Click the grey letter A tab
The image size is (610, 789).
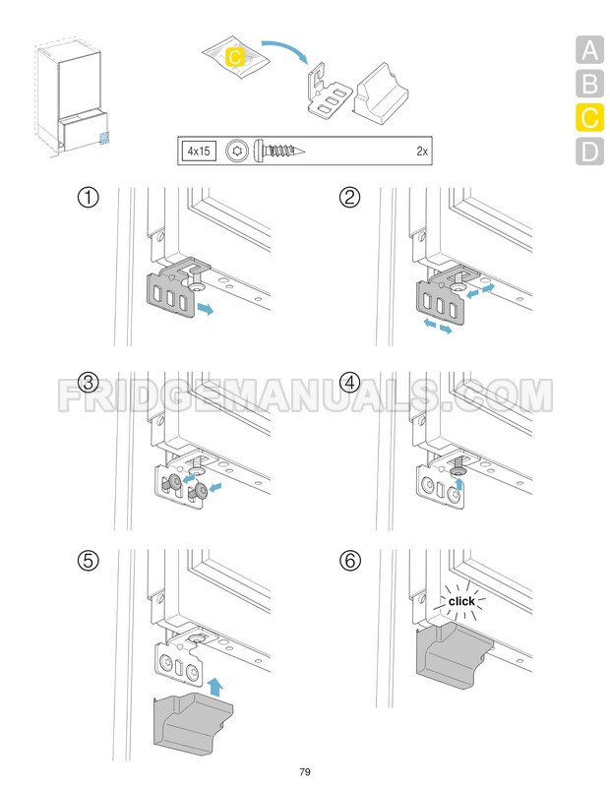point(589,50)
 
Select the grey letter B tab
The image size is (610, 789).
point(589,84)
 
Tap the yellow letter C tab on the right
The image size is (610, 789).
point(589,117)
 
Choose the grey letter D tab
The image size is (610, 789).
point(589,151)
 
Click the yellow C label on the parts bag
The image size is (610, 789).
point(235,57)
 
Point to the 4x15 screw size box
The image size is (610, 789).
point(199,151)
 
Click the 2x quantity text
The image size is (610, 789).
point(422,151)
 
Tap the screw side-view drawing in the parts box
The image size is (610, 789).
point(279,151)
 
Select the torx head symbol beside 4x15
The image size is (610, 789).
point(236,151)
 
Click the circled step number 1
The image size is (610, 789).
point(89,197)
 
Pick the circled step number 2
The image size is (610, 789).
point(350,197)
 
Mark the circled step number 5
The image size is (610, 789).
point(89,560)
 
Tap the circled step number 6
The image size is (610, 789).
point(350,560)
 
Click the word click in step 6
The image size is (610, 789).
point(461,601)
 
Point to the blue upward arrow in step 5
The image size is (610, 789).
point(215,686)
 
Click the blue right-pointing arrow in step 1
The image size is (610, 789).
point(206,309)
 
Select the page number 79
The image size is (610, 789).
point(304,771)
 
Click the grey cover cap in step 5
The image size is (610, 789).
point(193,724)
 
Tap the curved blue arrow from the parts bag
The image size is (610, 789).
point(285,49)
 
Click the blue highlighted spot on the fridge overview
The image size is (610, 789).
point(104,139)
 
